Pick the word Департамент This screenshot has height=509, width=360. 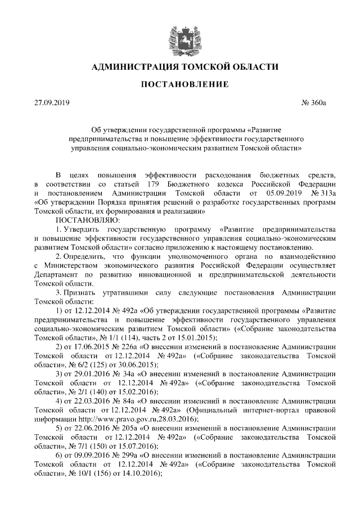click(58, 274)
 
